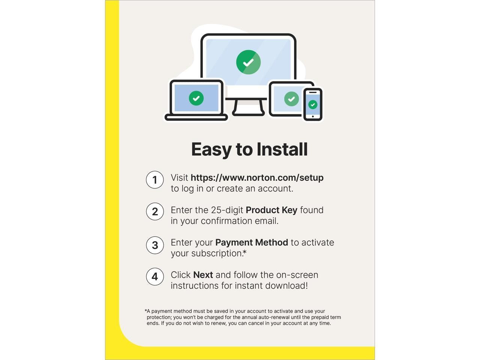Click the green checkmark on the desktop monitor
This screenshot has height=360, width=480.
coord(248,62)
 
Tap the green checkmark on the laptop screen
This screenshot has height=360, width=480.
coord(196,98)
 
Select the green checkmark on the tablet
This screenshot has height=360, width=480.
coord(291,99)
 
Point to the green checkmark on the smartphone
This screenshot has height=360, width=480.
coord(313,105)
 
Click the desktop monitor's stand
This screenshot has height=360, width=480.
coord(248,108)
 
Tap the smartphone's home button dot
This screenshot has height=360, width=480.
coord(313,116)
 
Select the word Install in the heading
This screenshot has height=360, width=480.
coord(282,149)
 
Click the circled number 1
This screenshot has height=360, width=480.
coord(154,180)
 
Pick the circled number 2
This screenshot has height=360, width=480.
coord(154,211)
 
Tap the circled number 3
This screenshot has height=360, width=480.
coord(154,245)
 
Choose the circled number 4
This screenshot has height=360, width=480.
coord(154,276)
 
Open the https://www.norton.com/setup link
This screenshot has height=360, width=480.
coord(257,178)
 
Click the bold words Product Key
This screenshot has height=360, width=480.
coord(271,210)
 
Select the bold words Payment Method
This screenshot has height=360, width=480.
coord(252,242)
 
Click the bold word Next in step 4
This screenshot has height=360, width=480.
coord(203,275)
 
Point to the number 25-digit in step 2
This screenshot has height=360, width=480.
coord(227,210)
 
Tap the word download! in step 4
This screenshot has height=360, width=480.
coord(286,286)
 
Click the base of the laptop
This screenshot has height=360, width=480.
coord(196,118)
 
